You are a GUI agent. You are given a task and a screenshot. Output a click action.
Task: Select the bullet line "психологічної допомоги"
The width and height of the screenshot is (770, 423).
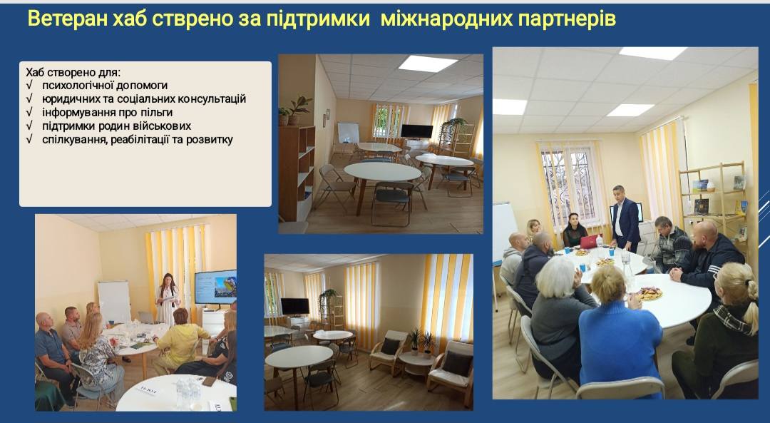[105, 86]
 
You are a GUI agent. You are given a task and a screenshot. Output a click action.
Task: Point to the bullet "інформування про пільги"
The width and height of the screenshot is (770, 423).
[107, 112]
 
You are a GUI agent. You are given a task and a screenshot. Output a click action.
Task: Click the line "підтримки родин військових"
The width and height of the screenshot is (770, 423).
[116, 126]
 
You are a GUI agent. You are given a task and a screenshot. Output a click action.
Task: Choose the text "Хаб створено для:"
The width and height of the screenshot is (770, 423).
[73, 72]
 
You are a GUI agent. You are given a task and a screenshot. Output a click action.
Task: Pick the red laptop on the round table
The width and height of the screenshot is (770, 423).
[590, 242]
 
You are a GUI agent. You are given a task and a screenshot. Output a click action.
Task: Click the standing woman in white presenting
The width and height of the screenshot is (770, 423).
[167, 300]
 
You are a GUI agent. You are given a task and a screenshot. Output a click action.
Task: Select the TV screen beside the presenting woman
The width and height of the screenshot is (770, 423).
[215, 287]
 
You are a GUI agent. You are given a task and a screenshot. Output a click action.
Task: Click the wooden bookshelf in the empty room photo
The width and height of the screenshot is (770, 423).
[297, 173]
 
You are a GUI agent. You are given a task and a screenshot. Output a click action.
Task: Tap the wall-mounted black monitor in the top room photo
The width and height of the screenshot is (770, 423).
[416, 131]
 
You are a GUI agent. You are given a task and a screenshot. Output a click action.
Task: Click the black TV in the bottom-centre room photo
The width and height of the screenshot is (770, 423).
[294, 307]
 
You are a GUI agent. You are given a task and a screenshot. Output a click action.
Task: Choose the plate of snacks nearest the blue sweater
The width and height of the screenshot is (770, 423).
[650, 293]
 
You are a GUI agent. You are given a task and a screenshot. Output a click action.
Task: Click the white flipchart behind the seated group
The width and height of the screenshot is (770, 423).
[114, 301]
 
